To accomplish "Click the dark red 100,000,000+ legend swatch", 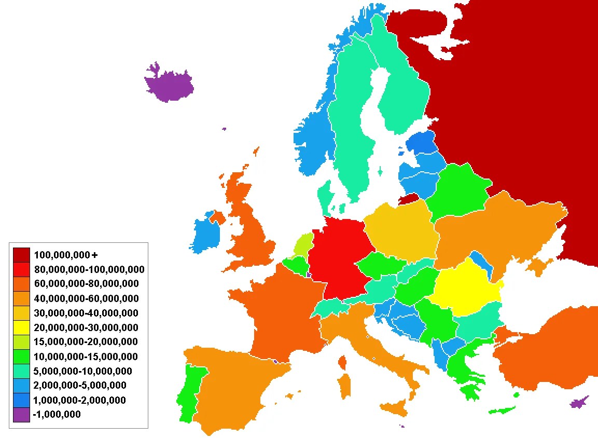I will pyautogui.click(x=21, y=255).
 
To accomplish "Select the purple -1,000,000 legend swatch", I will pyautogui.click(x=21, y=414).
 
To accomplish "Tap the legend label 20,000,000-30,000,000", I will pyautogui.click(x=86, y=327).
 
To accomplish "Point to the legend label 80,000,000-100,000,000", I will pyautogui.click(x=89, y=269).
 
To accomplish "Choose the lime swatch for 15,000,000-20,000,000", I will pyautogui.click(x=21, y=341).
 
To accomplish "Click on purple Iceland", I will pyautogui.click(x=169, y=85).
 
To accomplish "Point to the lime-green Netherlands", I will pyautogui.click(x=302, y=244).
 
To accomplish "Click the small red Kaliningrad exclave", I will pyautogui.click(x=410, y=199).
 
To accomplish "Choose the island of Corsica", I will pyautogui.click(x=342, y=362).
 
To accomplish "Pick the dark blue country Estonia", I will pyautogui.click(x=422, y=143).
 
